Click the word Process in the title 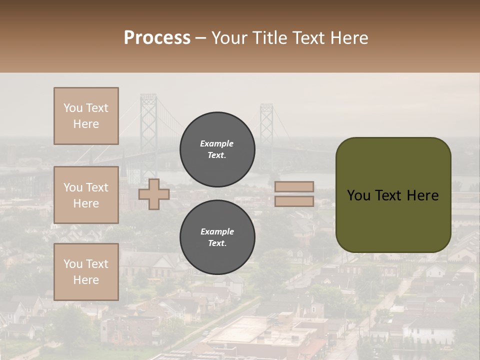click(x=157, y=38)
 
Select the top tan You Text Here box click(x=86, y=116)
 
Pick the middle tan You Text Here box click(x=86, y=195)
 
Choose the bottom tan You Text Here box click(x=86, y=272)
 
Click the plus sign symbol click(x=154, y=194)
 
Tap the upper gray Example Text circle click(x=217, y=149)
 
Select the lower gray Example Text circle click(x=217, y=237)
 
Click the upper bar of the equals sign click(x=294, y=186)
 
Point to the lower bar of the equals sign click(x=294, y=201)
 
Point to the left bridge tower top click(x=148, y=100)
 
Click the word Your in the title click(x=230, y=38)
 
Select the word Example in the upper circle click(x=217, y=143)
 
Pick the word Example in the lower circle click(x=217, y=231)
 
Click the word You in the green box click(x=358, y=195)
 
